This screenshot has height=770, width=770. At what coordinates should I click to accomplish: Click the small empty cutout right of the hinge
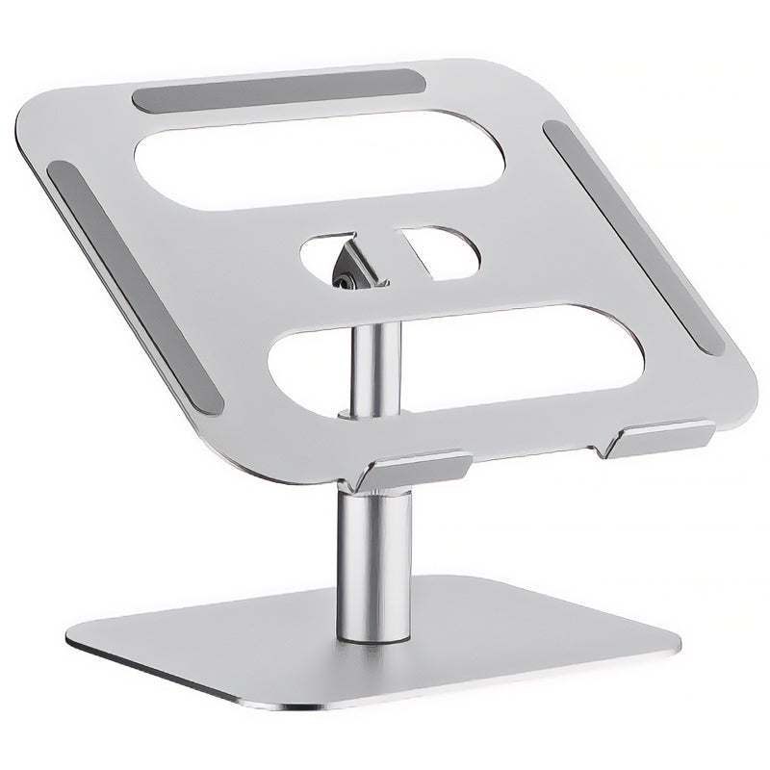[x=438, y=253]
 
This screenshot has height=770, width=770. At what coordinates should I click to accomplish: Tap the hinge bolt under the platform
[x=344, y=278]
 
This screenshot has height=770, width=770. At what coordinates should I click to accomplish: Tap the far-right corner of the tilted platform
[x=746, y=404]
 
